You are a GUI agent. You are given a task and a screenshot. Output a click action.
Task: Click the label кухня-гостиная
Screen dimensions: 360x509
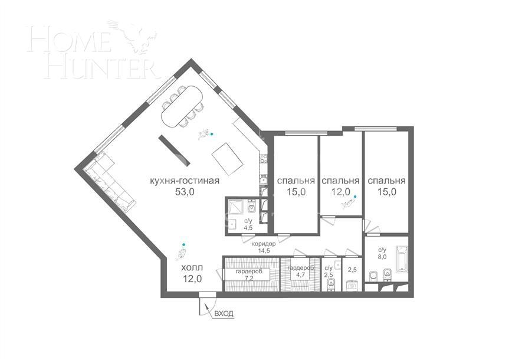pos(185,180)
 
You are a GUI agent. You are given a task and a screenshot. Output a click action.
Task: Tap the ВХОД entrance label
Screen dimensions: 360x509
pos(224,313)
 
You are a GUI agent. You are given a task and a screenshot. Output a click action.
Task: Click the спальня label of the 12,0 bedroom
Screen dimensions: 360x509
pos(341,180)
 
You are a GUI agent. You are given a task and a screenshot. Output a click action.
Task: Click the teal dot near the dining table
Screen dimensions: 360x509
pos(212,134)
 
